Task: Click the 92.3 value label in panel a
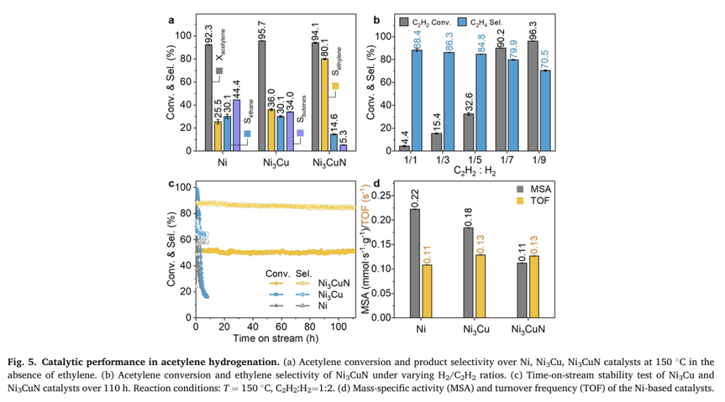point(209,34)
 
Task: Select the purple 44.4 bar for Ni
point(236,125)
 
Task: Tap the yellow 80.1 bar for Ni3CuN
point(325,105)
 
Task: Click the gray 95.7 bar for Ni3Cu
point(262,96)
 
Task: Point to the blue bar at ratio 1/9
point(546,111)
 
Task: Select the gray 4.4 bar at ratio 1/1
point(405,148)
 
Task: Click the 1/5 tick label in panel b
point(475,160)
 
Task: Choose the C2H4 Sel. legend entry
point(480,22)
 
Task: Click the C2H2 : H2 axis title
point(475,171)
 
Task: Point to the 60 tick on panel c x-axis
point(281,327)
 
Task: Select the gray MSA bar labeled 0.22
point(416,263)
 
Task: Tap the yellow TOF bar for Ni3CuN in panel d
point(534,287)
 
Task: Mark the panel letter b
point(377,20)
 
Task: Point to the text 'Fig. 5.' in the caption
point(23,362)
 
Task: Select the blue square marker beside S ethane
point(247,134)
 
